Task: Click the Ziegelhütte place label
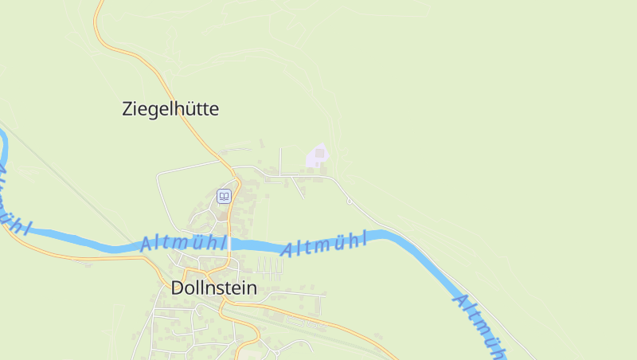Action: pyautogui.click(x=170, y=109)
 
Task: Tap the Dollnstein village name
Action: pyautogui.click(x=213, y=288)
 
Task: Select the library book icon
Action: pyautogui.click(x=224, y=196)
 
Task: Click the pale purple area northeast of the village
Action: pyautogui.click(x=318, y=156)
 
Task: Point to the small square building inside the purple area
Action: pyautogui.click(x=320, y=153)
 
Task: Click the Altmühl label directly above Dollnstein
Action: pyautogui.click(x=183, y=243)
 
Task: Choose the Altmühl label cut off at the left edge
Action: pyautogui.click(x=10, y=199)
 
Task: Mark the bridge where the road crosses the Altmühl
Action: pyautogui.click(x=229, y=245)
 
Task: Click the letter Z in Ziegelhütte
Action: pyautogui.click(x=128, y=109)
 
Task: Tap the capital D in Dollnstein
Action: pyautogui.click(x=178, y=288)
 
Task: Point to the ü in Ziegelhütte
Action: pyautogui.click(x=187, y=109)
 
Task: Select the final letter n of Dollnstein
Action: pyautogui.click(x=252, y=289)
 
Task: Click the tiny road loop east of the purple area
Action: pyautogui.click(x=349, y=201)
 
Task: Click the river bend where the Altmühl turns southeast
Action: pyautogui.click(x=390, y=235)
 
